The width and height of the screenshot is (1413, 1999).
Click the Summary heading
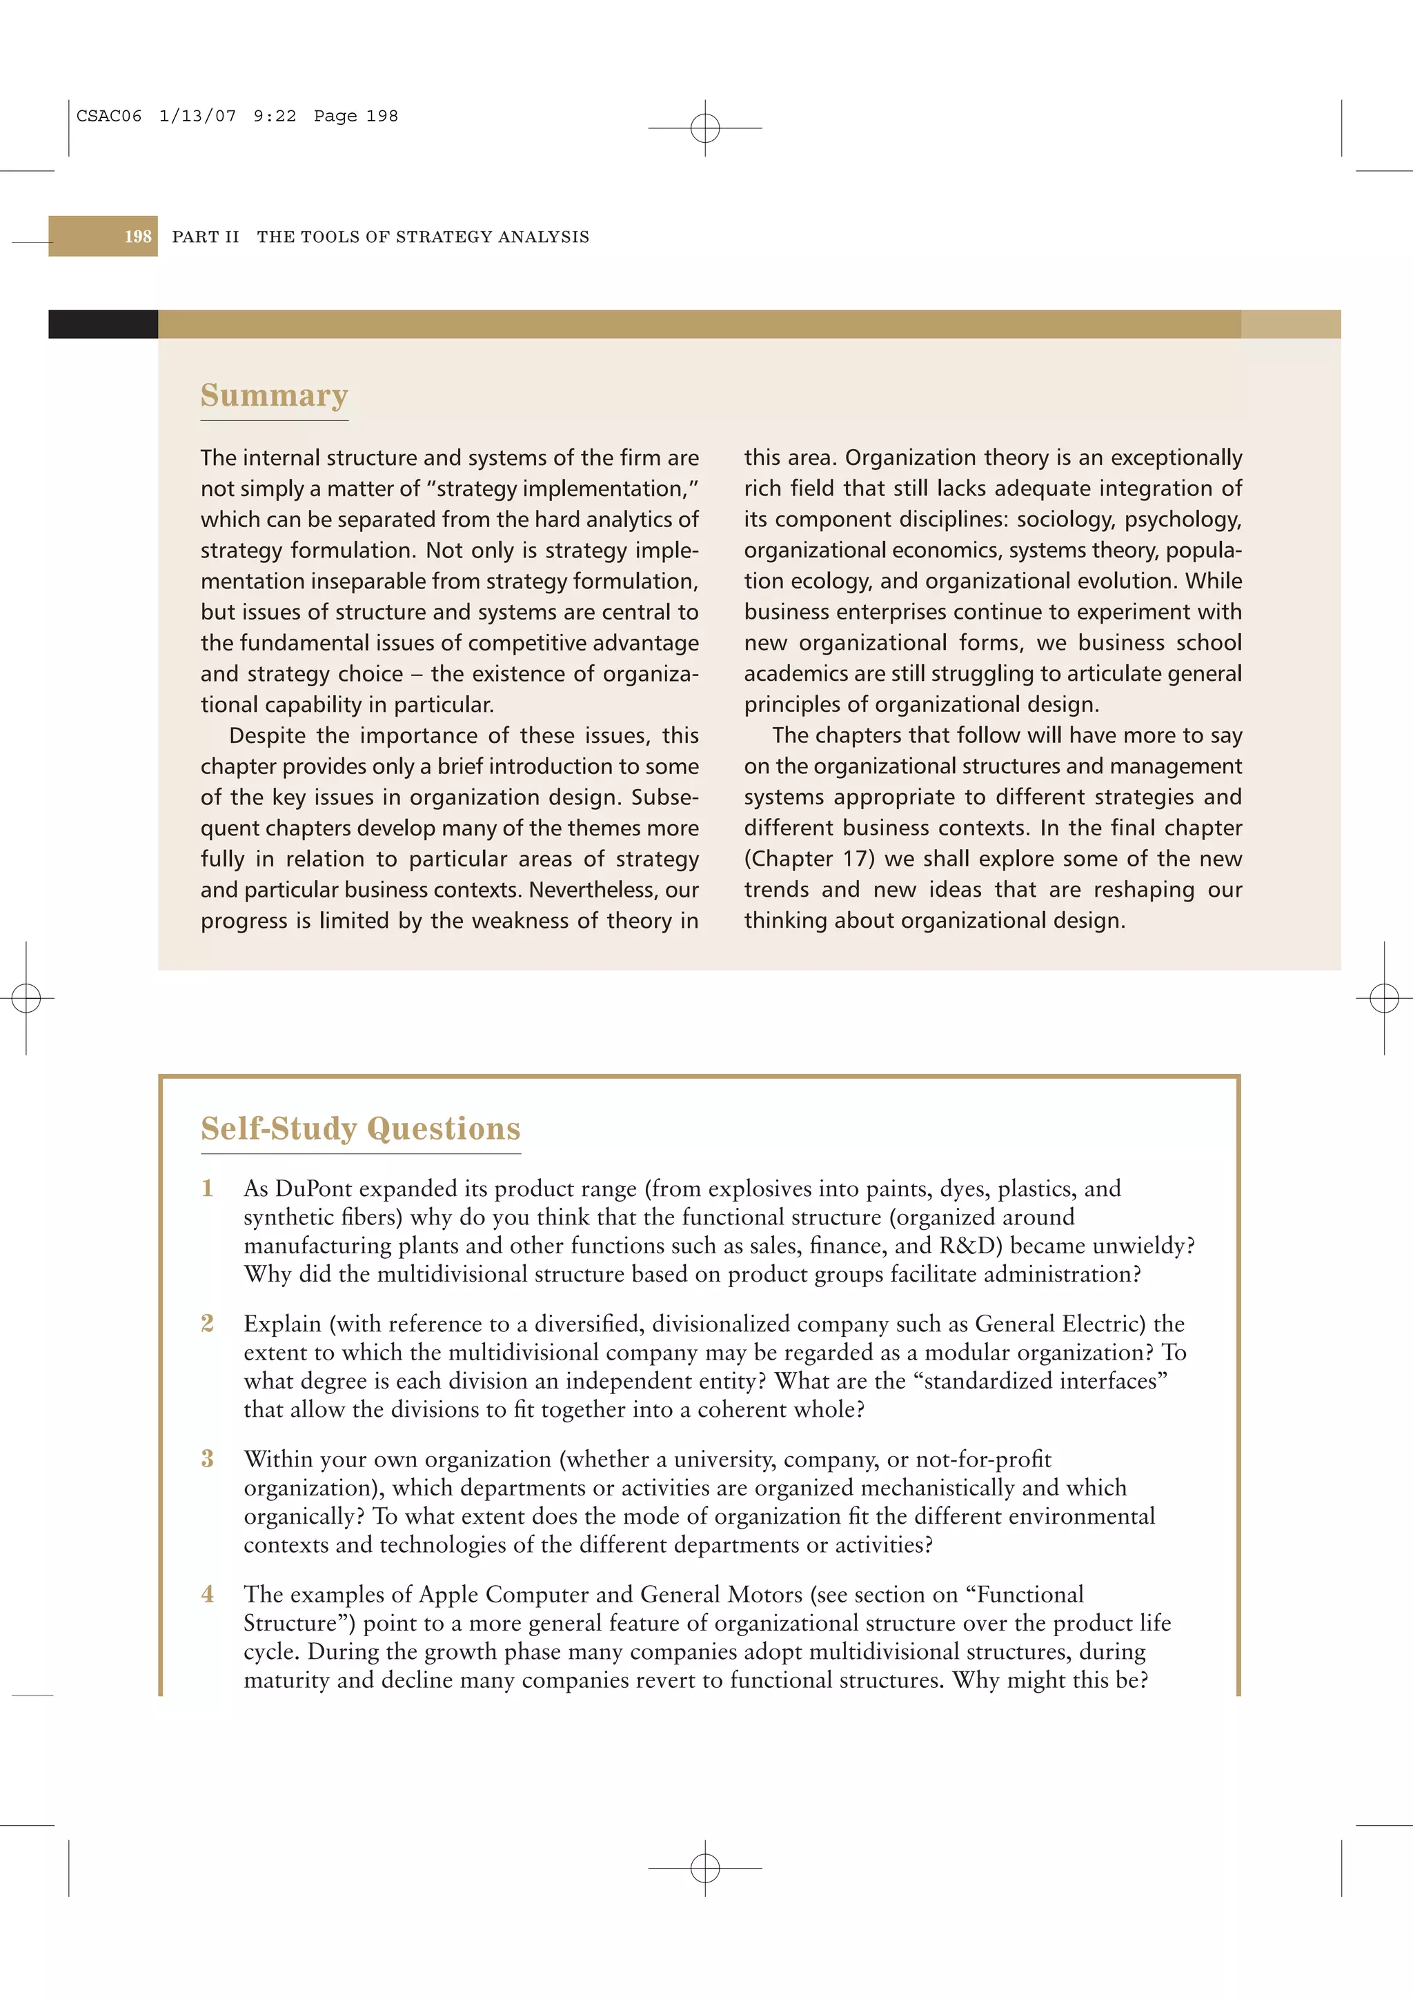pos(274,395)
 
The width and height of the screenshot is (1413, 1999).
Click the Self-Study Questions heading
pos(360,1128)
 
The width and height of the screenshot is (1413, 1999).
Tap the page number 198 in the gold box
pos(137,237)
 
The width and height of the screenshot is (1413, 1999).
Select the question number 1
pos(207,1189)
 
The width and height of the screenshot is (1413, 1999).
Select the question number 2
pos(207,1324)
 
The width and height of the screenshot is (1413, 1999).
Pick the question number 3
pos(207,1458)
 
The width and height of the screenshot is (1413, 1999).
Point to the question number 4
pos(207,1594)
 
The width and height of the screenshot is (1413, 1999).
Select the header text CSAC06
pos(109,116)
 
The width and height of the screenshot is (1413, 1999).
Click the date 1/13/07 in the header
pos(197,116)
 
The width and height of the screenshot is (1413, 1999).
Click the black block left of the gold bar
pos(103,324)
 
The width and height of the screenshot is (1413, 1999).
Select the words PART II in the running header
pos(206,237)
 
